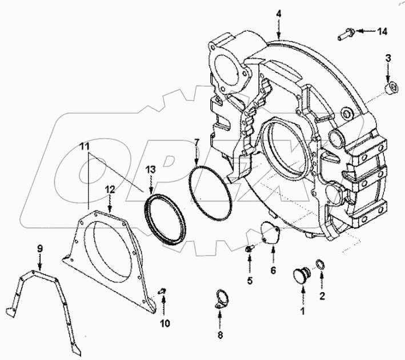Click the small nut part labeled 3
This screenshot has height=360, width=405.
point(390,88)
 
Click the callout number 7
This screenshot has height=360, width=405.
point(196,141)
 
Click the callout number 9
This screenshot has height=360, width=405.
point(40,249)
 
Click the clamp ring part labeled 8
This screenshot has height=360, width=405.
point(220,300)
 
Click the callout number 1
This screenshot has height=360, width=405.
point(302,311)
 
